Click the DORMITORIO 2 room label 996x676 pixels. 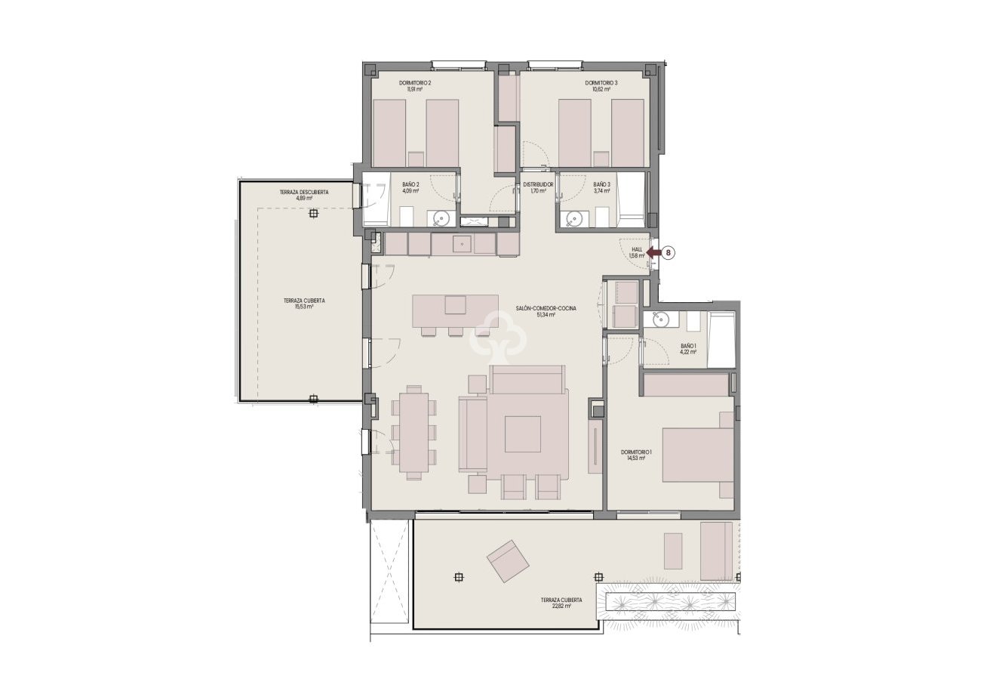[x=414, y=82]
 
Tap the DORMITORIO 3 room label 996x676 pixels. [x=601, y=82]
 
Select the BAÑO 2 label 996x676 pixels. [x=410, y=184]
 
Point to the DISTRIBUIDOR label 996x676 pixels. [x=538, y=184]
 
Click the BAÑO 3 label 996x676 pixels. [x=601, y=184]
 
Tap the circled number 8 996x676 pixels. [x=669, y=254]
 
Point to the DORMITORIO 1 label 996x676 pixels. [x=636, y=452]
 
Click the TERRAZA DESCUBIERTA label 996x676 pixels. [x=304, y=193]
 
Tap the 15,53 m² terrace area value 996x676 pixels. [x=304, y=307]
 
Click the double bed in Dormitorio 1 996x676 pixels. [x=698, y=455]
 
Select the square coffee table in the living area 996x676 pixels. [x=522, y=434]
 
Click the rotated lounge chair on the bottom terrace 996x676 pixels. [x=508, y=560]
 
